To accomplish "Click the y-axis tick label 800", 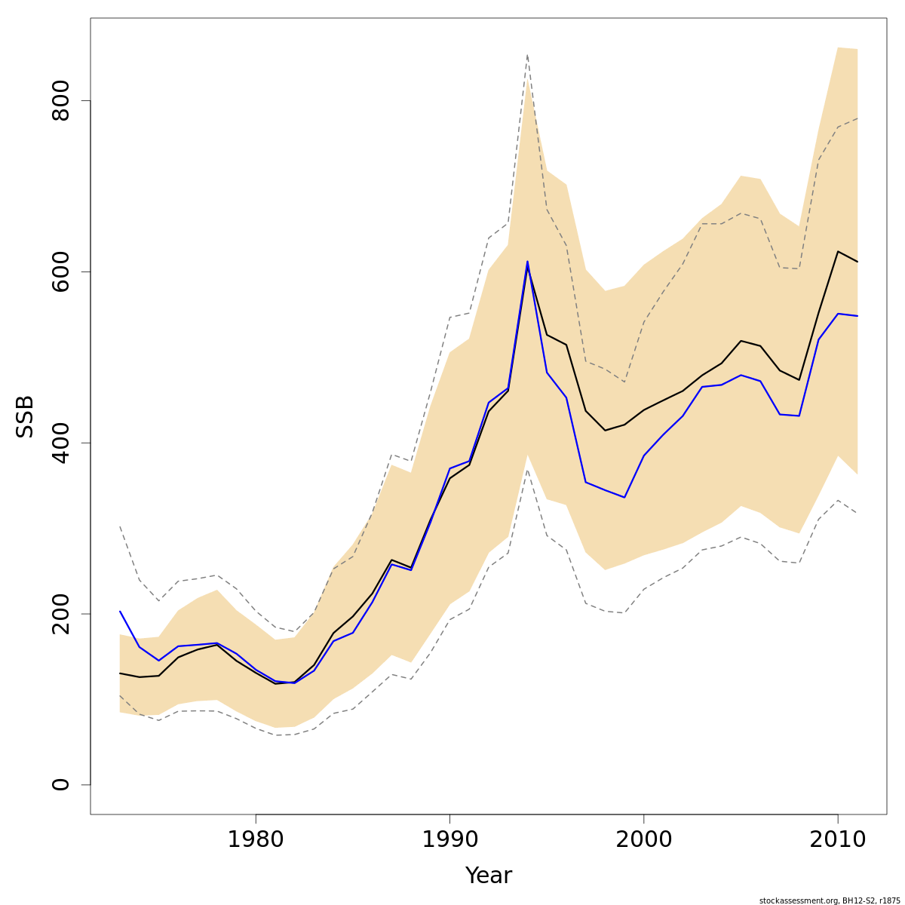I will tap(60, 100).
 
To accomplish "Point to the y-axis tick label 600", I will tap(60, 271).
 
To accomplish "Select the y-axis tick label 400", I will tap(60, 443).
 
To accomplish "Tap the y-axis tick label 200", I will tap(60, 613).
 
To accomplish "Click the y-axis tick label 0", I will tap(60, 784).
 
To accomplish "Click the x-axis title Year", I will tap(488, 876).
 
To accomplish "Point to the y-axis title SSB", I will tap(25, 416).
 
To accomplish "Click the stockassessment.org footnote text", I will tap(829, 900).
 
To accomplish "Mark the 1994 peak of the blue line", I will tap(527, 261).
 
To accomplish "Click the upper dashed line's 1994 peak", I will tap(527, 54).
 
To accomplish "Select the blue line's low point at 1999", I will tap(624, 498).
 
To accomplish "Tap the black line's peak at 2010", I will tap(837, 251).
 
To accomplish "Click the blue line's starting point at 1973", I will tap(120, 611).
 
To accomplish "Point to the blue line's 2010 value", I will tap(837, 314).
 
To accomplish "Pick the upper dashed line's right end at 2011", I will tap(857, 118).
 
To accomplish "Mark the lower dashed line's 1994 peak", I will tap(527, 469).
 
